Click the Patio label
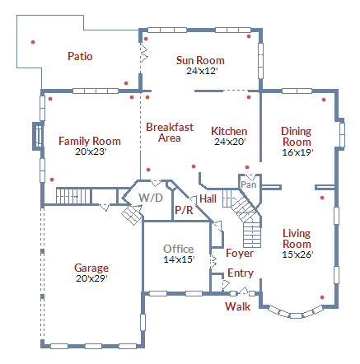click(80, 57)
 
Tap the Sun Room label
click(200, 60)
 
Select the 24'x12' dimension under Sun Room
click(200, 71)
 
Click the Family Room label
click(90, 141)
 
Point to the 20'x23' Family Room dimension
click(90, 152)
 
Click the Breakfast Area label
click(170, 133)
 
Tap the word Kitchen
click(229, 131)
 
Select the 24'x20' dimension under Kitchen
click(229, 142)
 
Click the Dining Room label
click(297, 136)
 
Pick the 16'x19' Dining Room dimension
click(297, 152)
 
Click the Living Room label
click(297, 239)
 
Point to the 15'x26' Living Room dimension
click(297, 254)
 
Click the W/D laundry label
click(150, 198)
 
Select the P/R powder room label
click(183, 211)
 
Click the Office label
click(178, 249)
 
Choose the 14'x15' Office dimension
click(178, 259)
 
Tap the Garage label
click(91, 268)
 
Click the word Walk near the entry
click(238, 306)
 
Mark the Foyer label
click(240, 253)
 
